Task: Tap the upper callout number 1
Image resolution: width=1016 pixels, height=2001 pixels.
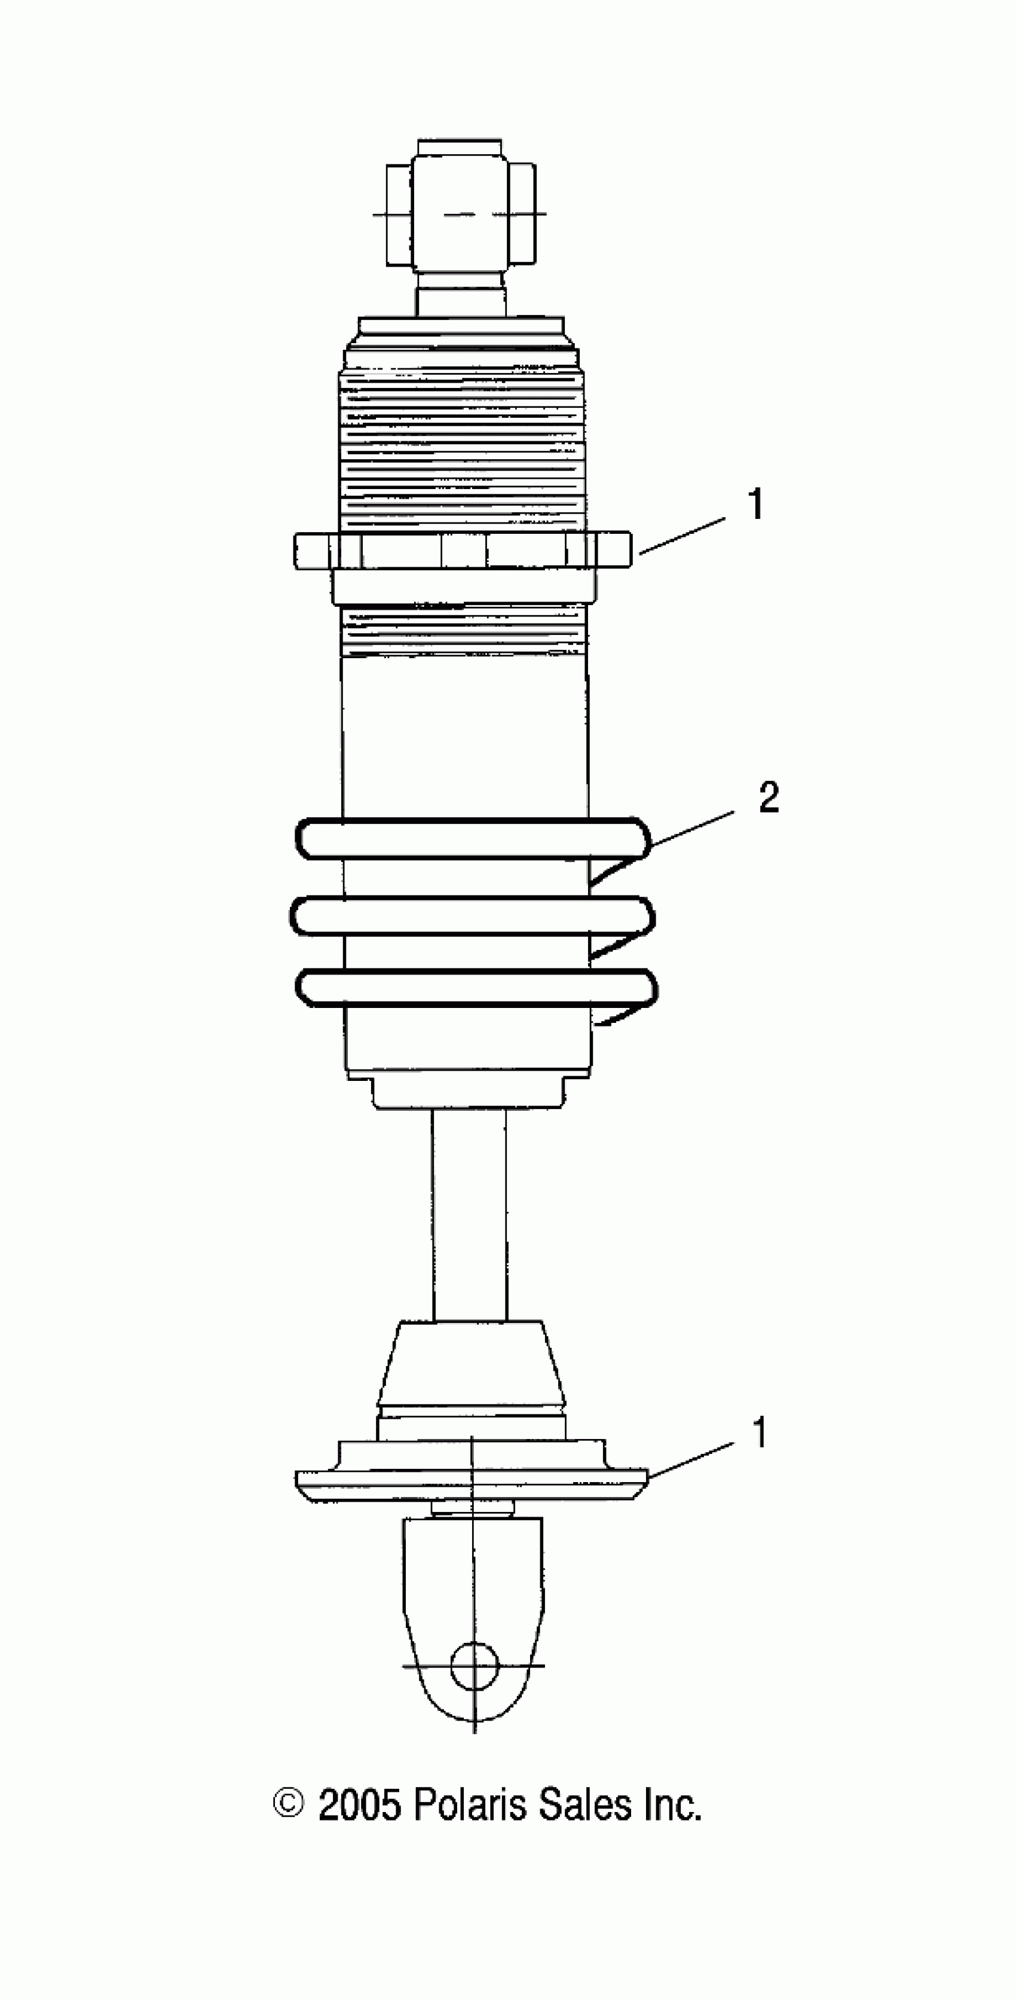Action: [755, 505]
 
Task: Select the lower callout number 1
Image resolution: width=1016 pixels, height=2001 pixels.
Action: [759, 1432]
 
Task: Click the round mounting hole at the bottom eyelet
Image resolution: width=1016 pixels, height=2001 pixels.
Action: [475, 1664]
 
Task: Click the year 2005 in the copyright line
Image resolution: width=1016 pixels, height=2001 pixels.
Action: [360, 1806]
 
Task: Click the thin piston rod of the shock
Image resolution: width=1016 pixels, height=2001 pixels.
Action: [470, 1212]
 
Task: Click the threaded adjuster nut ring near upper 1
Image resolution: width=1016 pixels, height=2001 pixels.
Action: [462, 552]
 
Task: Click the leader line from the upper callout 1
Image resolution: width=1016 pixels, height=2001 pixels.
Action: [682, 535]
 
